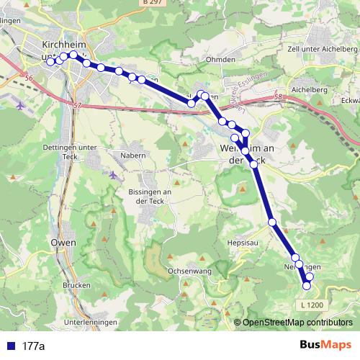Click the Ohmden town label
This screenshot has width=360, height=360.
pos(220,59)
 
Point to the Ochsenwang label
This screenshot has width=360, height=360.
pos(188,271)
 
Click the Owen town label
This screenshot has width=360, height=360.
pos(63,243)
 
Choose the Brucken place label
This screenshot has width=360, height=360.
pos(76,285)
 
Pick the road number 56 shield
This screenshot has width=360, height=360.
pos(29,78)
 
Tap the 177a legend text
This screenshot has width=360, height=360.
pos(33,346)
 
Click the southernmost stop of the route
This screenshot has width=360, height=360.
pos(307,286)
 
